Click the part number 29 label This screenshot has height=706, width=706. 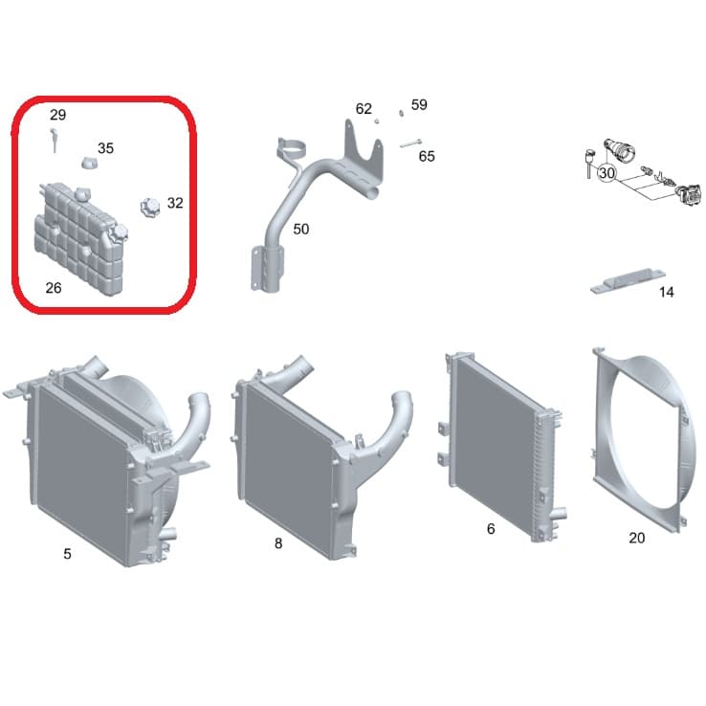[x=57, y=115]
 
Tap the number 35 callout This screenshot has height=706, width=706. [x=106, y=148]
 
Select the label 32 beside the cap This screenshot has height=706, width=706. [x=175, y=203]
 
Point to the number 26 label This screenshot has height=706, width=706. [x=54, y=288]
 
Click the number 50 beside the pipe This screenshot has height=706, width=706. [x=301, y=230]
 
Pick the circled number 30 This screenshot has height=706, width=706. [x=607, y=173]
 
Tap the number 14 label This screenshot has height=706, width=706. [x=667, y=292]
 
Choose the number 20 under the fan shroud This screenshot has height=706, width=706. [x=637, y=538]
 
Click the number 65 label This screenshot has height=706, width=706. [x=427, y=156]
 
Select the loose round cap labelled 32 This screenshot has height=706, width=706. [x=150, y=208]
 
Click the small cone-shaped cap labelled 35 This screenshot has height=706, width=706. [x=90, y=163]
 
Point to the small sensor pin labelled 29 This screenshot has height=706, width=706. [x=54, y=140]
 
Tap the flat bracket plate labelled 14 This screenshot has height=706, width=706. [x=629, y=281]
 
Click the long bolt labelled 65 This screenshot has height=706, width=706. [x=410, y=143]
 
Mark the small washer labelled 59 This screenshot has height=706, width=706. [x=401, y=113]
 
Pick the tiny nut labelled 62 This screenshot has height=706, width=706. [x=377, y=121]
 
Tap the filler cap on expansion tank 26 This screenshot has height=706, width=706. [x=119, y=233]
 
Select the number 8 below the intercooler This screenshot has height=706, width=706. [x=278, y=543]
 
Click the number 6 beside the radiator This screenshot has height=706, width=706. [x=491, y=529]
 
